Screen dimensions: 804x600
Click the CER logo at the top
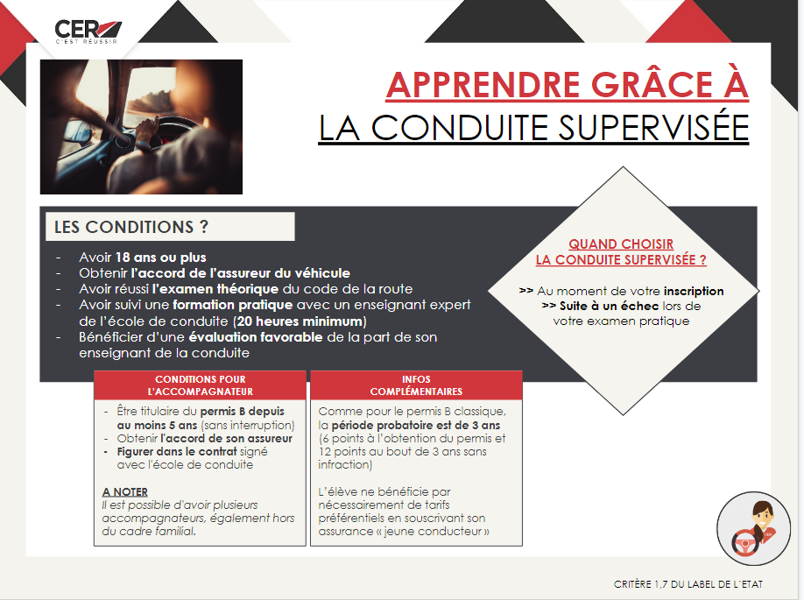pyautogui.click(x=88, y=32)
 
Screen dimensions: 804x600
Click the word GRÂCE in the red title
pyautogui.click(x=652, y=85)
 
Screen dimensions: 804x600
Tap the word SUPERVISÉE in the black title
pyautogui.click(x=653, y=128)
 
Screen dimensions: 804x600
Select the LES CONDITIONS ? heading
pyautogui.click(x=131, y=227)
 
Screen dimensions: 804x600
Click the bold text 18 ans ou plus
pyautogui.click(x=160, y=258)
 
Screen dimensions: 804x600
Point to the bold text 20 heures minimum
pyautogui.click(x=300, y=321)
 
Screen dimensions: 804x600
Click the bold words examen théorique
pyautogui.click(x=215, y=289)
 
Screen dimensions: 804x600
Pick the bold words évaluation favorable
pyautogui.click(x=256, y=337)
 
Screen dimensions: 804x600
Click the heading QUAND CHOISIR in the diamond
pyautogui.click(x=621, y=244)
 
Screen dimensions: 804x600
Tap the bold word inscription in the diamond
pyautogui.click(x=694, y=292)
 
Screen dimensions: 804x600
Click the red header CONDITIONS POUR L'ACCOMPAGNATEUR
pyautogui.click(x=201, y=385)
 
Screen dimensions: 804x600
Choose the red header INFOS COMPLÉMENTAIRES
pyautogui.click(x=416, y=385)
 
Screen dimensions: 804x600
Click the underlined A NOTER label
pyautogui.click(x=125, y=491)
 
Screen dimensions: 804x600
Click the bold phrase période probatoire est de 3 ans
pyautogui.click(x=416, y=425)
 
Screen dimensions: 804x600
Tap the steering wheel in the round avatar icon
pyautogui.click(x=746, y=544)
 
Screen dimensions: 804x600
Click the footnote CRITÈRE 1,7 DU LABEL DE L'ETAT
pyautogui.click(x=688, y=584)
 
